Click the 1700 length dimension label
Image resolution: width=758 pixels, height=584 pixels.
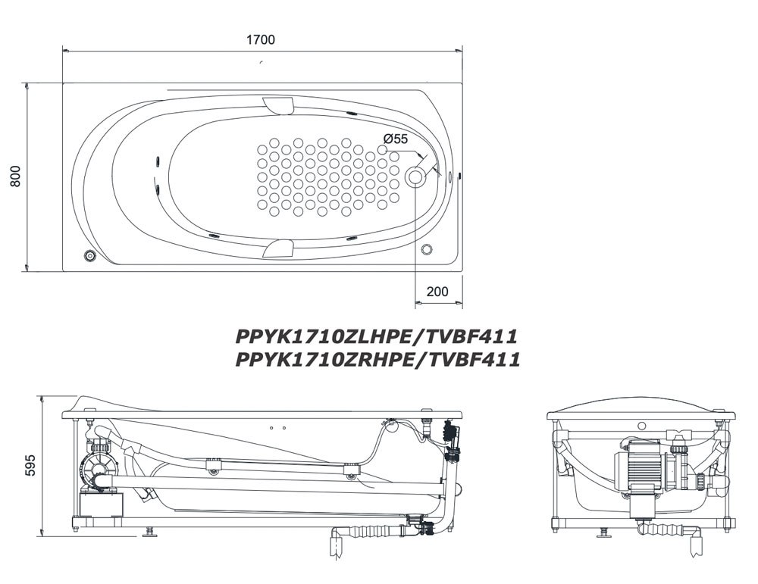click(x=261, y=39)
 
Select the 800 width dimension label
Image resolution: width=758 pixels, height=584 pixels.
click(x=15, y=176)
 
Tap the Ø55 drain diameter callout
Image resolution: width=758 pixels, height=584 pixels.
click(x=396, y=139)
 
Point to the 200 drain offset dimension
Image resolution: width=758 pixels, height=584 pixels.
click(x=437, y=292)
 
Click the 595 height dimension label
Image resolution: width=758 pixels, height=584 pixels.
click(x=30, y=464)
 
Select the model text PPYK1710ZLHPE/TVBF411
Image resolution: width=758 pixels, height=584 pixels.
click(x=377, y=336)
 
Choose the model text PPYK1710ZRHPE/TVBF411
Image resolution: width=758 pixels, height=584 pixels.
click(x=377, y=359)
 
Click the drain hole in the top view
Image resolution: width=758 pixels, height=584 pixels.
click(x=415, y=176)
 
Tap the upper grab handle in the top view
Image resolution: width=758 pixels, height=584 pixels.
click(x=279, y=105)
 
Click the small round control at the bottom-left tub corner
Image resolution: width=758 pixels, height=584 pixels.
click(x=89, y=255)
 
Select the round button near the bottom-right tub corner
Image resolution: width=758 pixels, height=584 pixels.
click(x=426, y=249)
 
